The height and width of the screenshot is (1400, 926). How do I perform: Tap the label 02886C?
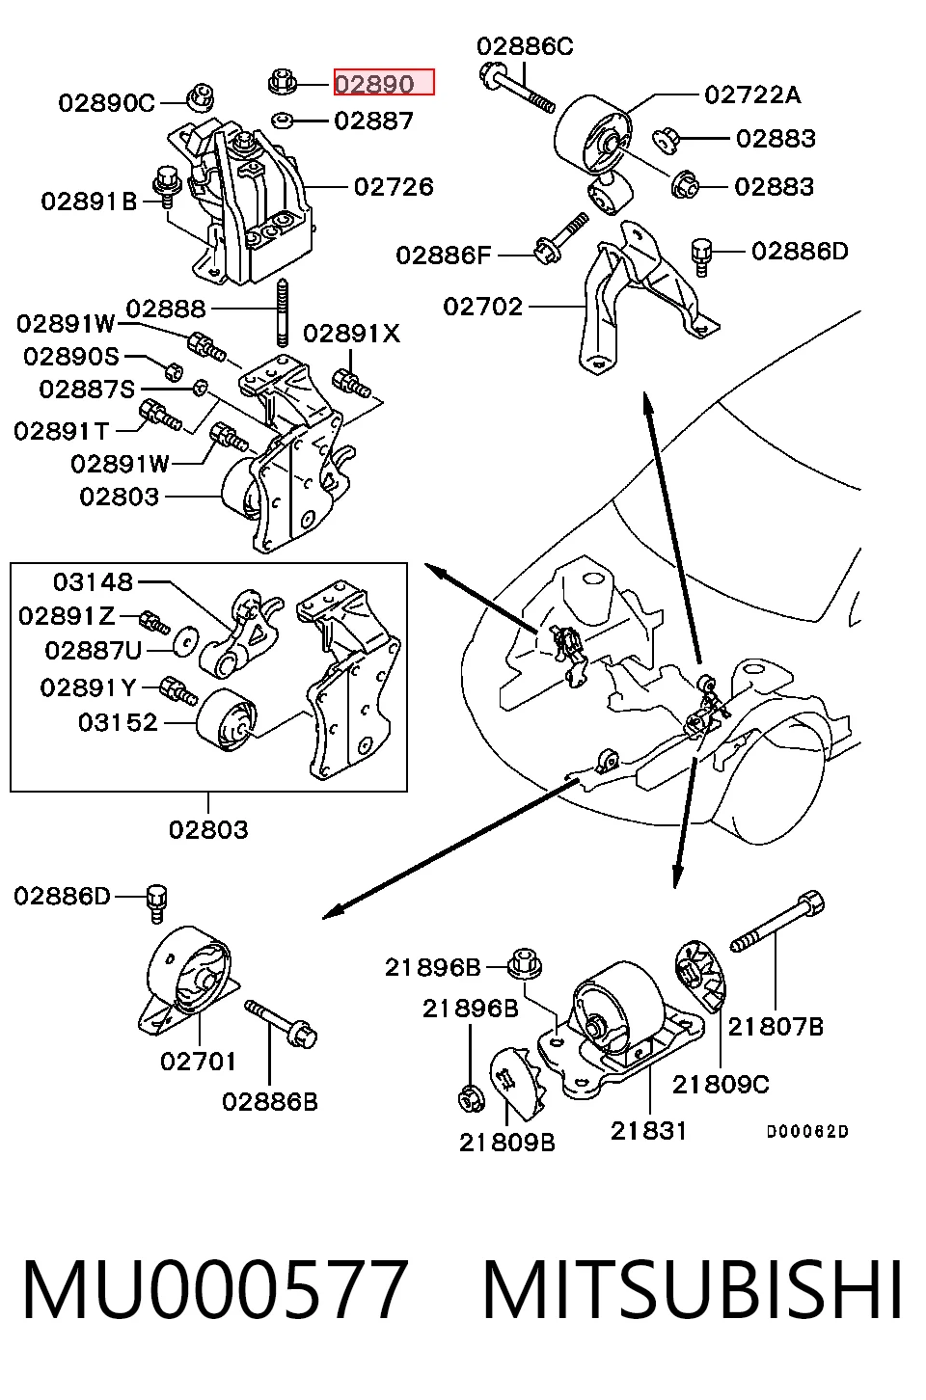525,46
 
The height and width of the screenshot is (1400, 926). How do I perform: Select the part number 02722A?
752,94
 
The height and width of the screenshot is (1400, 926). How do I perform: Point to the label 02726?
394,186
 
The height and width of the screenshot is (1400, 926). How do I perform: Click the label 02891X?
351,333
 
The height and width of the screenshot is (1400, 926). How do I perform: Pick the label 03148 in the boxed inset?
94,581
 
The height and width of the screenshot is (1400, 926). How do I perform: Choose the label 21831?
648,1130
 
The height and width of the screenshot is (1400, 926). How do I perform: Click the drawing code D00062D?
807,1131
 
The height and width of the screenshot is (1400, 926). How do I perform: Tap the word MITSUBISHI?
693,1290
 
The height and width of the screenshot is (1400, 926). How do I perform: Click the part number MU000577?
215,1290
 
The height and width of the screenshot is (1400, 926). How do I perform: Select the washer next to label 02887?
282,120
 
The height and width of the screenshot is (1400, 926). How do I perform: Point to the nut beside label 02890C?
202,96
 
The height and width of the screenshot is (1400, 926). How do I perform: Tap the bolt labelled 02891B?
167,187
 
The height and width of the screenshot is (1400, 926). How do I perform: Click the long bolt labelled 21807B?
777,921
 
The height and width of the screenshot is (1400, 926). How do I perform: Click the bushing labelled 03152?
227,720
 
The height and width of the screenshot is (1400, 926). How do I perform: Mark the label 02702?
482,307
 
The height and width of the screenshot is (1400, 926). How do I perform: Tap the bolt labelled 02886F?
561,238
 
